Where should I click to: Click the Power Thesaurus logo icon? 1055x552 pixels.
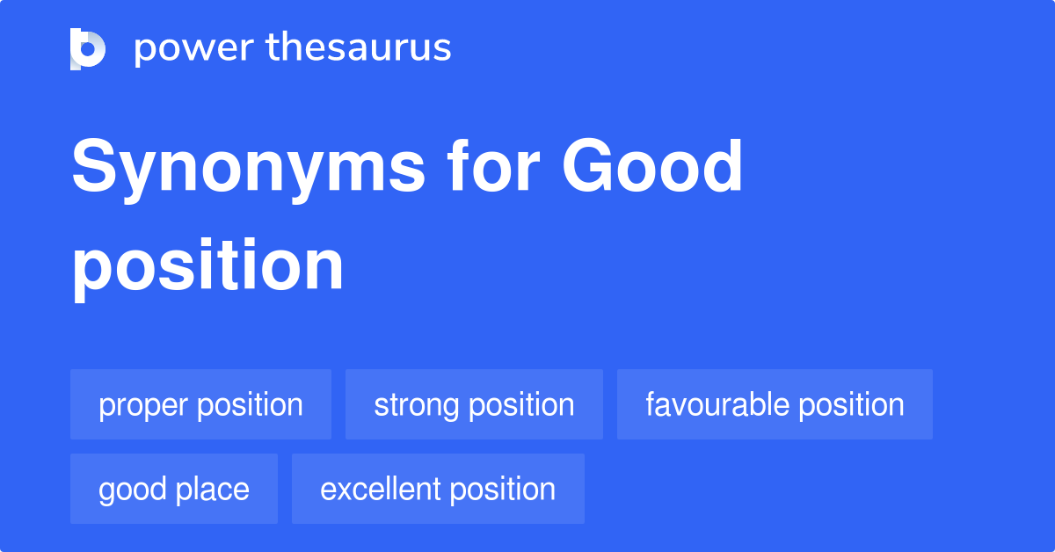coord(88,48)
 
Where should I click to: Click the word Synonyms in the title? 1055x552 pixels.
coord(248,169)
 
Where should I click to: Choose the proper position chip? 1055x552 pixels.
coord(200,404)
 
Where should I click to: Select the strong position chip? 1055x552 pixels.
coord(474,404)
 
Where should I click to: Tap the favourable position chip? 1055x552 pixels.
coord(775,404)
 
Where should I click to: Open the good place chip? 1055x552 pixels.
coord(174,489)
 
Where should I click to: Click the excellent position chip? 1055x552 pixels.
coord(438,489)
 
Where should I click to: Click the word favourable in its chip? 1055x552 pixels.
coord(717,404)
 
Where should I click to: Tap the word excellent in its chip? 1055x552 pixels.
coord(380,489)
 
